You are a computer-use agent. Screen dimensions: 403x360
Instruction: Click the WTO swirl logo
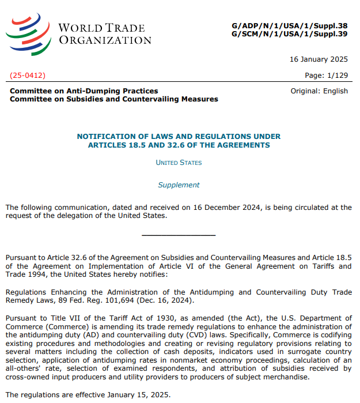[x=29, y=33]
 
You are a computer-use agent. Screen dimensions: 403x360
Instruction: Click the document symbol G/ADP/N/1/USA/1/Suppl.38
[x=290, y=25]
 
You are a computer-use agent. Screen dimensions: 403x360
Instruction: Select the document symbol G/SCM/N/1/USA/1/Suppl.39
[x=290, y=34]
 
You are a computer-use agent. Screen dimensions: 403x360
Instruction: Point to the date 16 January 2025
[x=319, y=59]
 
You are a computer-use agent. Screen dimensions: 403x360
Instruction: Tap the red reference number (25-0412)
[x=28, y=76]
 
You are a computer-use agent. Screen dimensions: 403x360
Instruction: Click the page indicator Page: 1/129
[x=326, y=76]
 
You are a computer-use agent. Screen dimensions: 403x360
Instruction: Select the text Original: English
[x=319, y=91]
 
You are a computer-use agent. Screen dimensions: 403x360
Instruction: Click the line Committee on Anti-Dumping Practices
[x=84, y=91]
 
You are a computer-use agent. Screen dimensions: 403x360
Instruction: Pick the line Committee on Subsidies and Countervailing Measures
[x=114, y=99]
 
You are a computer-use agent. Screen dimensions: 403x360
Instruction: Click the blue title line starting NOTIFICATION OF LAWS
[x=179, y=137]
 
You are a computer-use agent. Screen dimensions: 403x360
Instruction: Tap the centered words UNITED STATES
[x=179, y=163]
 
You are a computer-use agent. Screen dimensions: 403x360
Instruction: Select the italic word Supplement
[x=179, y=185]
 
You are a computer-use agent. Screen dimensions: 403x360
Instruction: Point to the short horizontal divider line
[x=179, y=235]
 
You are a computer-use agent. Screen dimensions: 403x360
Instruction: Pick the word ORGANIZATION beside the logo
[x=105, y=40]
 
